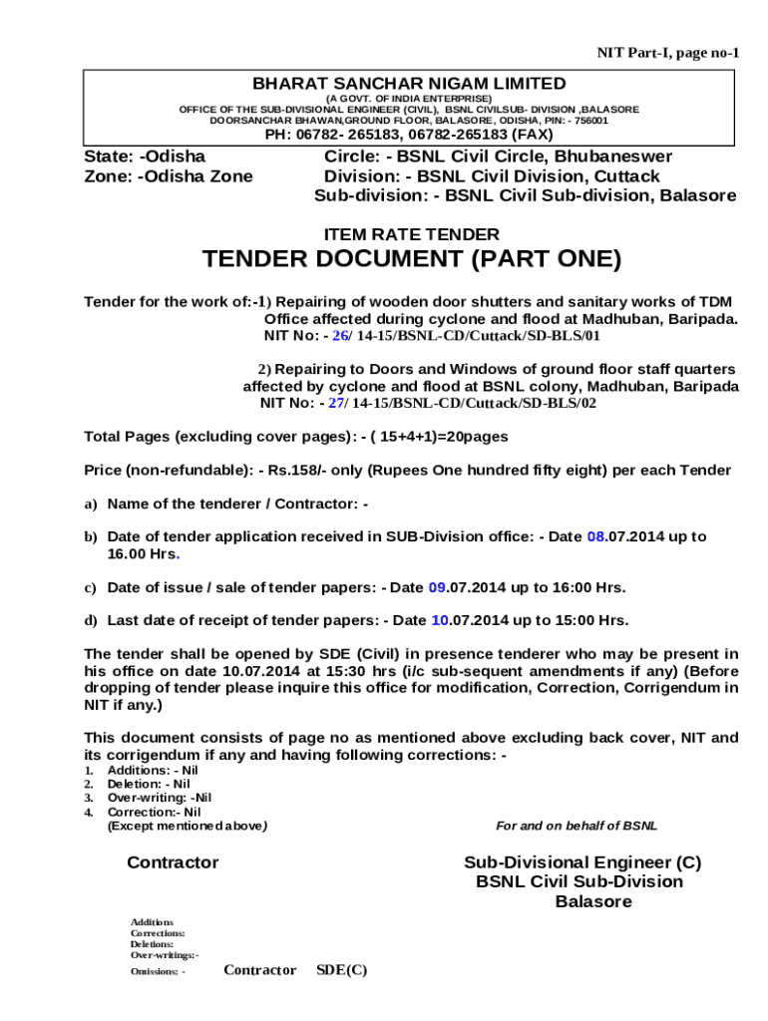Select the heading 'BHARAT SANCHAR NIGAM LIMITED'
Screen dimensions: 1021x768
click(408, 84)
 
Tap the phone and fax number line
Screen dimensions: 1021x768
click(408, 135)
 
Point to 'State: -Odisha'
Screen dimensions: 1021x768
click(144, 157)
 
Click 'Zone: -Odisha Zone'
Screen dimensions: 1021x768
click(167, 176)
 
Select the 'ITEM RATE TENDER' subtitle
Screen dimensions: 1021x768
click(412, 235)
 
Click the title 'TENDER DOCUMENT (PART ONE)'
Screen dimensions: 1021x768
click(412, 260)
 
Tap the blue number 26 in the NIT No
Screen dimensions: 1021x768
click(340, 337)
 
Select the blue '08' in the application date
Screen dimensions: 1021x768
click(595, 536)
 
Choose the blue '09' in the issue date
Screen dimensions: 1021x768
click(437, 588)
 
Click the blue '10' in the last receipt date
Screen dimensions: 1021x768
click(440, 620)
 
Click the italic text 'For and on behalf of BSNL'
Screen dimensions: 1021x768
click(576, 826)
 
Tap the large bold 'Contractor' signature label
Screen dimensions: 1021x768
click(173, 862)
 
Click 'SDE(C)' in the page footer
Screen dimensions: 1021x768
click(341, 970)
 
